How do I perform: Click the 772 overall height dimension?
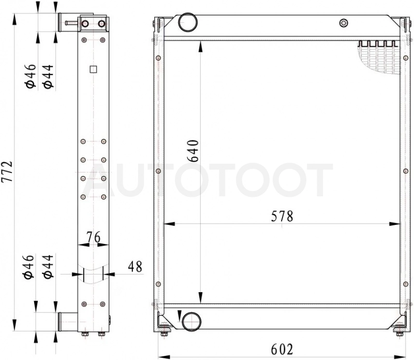click(x=7, y=171)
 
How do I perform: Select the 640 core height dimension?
click(x=193, y=151)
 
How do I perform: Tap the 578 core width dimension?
click(x=282, y=216)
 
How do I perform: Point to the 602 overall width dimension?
click(x=282, y=350)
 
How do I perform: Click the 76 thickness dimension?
click(x=94, y=237)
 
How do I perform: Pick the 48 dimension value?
click(x=135, y=266)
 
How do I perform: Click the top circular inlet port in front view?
click(x=188, y=22)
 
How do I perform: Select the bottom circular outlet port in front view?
click(x=191, y=321)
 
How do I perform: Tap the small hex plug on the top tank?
click(x=343, y=23)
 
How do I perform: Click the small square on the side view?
click(x=94, y=69)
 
